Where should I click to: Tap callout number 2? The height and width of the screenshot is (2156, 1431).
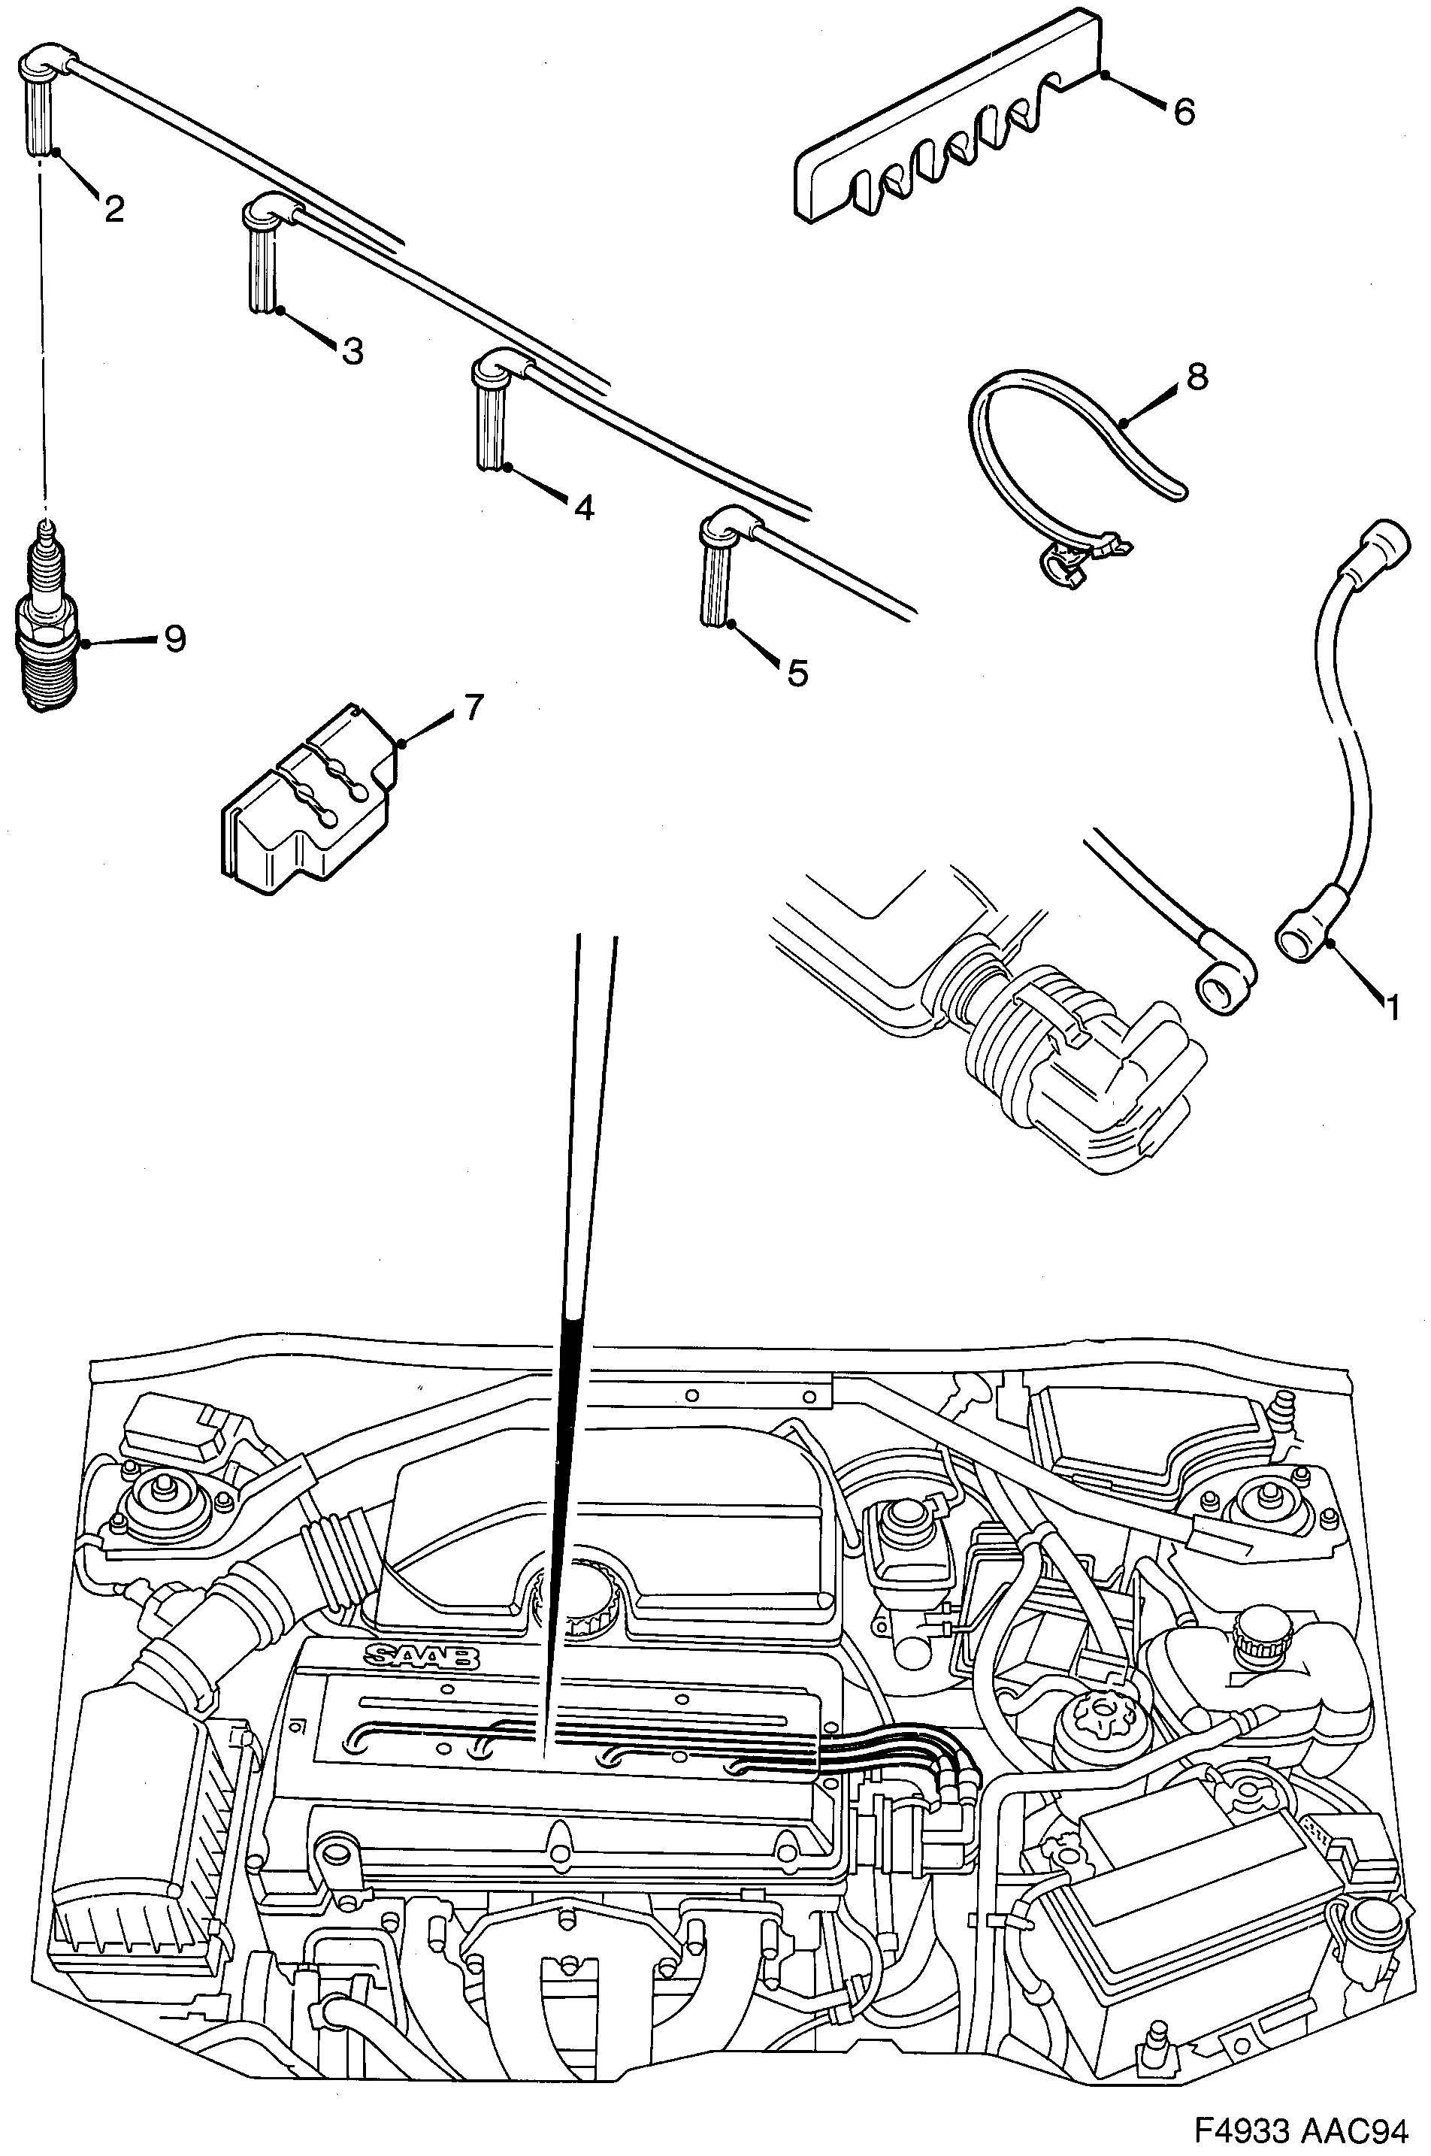113,209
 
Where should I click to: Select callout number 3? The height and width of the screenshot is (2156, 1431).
352,350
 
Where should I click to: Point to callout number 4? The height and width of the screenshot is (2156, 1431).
584,507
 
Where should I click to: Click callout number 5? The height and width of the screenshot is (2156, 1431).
797,673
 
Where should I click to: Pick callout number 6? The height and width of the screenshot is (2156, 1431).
1183,111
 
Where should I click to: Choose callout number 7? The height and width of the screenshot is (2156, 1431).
473,707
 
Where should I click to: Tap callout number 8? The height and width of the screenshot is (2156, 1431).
1197,375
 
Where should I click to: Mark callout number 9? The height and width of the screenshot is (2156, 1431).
175,639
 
